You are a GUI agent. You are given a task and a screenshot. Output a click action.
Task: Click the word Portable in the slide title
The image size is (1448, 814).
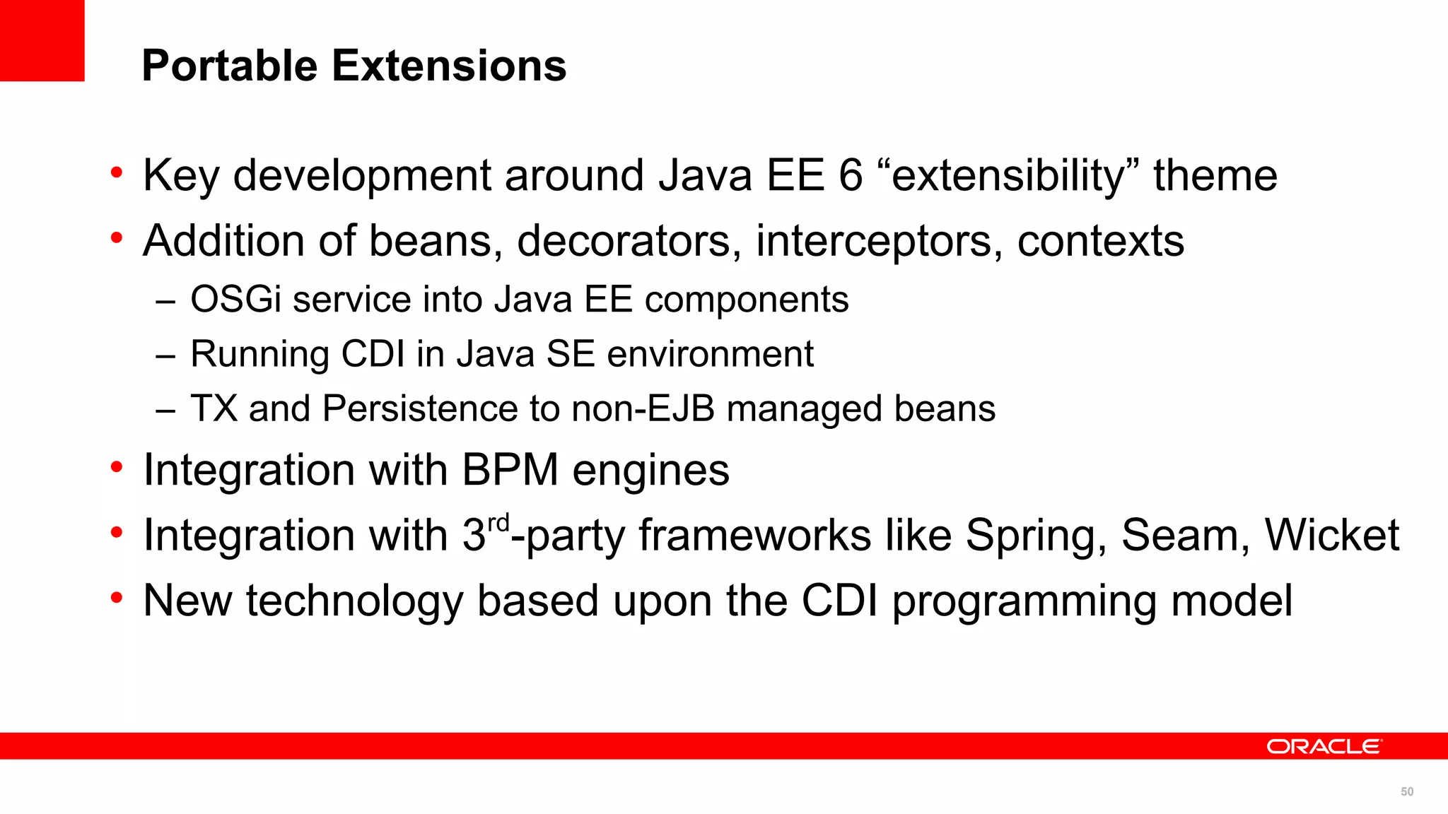tap(230, 66)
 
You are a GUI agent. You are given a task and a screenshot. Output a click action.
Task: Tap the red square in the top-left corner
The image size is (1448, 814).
tap(42, 40)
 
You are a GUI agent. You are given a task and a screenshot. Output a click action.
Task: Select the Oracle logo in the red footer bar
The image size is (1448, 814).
tap(1323, 746)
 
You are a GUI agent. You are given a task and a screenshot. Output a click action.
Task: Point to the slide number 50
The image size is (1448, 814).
tap(1407, 791)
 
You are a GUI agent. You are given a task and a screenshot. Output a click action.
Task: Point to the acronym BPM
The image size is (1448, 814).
tap(510, 470)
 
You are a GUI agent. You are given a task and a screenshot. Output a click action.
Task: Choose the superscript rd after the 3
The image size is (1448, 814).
tap(498, 524)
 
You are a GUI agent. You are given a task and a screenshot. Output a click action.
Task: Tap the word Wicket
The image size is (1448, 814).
tap(1331, 535)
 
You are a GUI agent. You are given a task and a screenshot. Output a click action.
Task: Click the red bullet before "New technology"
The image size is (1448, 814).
tap(117, 598)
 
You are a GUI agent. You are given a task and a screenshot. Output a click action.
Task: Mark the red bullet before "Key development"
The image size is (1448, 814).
tap(117, 172)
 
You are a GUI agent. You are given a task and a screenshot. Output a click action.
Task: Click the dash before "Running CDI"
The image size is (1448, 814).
tap(165, 355)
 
